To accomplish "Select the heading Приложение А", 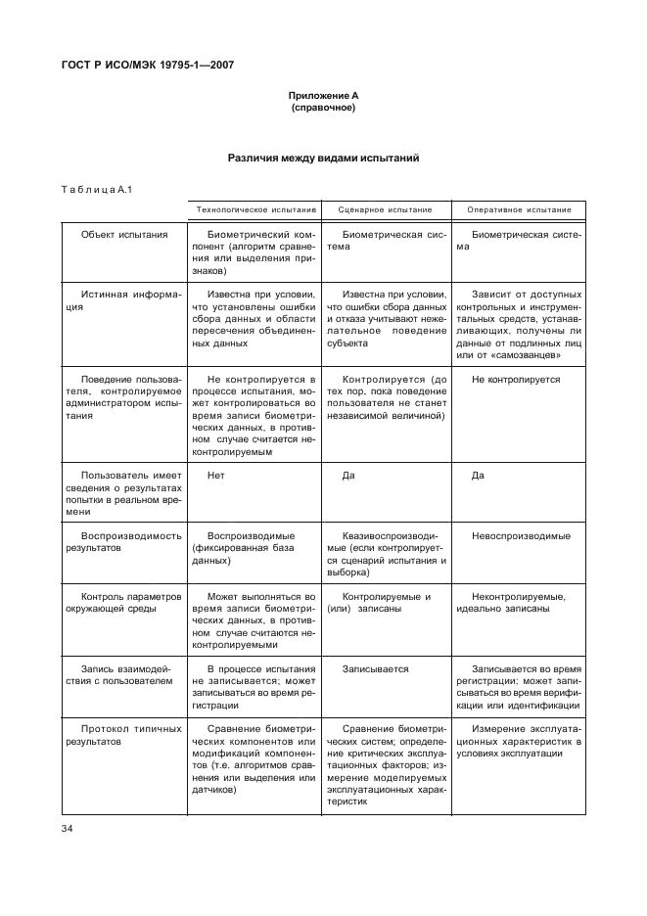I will [x=323, y=95].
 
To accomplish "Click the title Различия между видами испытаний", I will [x=323, y=157].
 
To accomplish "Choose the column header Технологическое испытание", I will [x=256, y=209].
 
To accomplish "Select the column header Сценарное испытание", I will [x=385, y=209].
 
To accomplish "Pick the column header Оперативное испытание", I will [x=519, y=209].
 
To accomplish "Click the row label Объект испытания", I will [x=124, y=235].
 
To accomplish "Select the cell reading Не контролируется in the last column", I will [x=516, y=379].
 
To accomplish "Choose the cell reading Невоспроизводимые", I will [x=521, y=536].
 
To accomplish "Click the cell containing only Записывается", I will [x=375, y=669].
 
